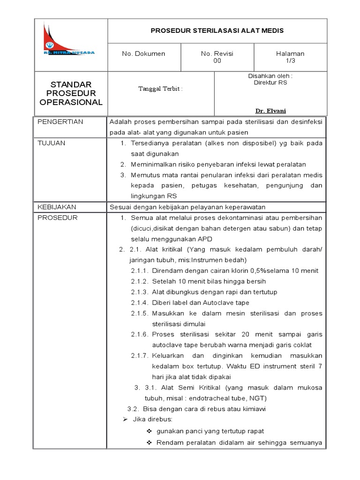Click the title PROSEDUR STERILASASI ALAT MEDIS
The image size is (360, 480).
217,31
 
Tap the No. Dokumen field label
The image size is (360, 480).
143,54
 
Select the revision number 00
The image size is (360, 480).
217,61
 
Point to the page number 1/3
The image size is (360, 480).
290,61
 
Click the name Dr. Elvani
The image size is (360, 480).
270,111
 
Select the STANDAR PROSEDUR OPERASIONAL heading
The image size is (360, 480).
70,93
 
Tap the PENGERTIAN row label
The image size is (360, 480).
60,122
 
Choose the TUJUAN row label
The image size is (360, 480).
52,143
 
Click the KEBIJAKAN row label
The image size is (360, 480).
56,207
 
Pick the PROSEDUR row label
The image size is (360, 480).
57,217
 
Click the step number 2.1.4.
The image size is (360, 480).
140,302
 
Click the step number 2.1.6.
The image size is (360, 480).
140,335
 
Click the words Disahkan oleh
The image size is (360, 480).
270,75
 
